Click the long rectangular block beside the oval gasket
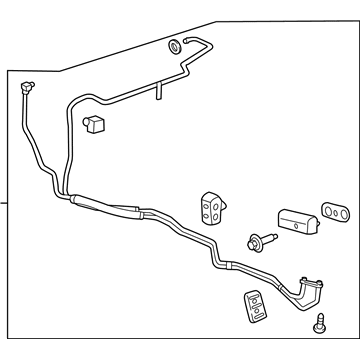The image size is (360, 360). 296,221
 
